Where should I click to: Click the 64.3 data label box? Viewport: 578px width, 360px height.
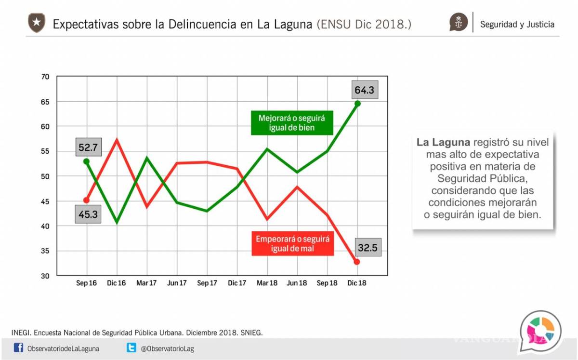(x=365, y=90)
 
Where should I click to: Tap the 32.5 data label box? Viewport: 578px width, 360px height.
(x=368, y=248)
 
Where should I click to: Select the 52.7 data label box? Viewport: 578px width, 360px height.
(x=88, y=147)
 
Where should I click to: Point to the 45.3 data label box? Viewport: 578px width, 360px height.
(x=88, y=214)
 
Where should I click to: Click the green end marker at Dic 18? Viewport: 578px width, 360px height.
(x=357, y=103)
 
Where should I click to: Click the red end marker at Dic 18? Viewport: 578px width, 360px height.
(x=357, y=262)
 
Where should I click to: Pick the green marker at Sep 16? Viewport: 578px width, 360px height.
(x=87, y=161)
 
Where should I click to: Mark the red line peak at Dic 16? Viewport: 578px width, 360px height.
(x=117, y=140)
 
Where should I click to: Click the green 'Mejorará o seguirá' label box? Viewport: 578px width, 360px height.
(x=292, y=123)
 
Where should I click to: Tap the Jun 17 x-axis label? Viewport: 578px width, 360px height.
(x=177, y=283)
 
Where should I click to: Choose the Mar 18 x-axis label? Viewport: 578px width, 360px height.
(x=266, y=283)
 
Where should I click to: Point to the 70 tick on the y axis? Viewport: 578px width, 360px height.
(x=45, y=77)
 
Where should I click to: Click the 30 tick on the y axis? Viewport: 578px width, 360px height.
(x=45, y=276)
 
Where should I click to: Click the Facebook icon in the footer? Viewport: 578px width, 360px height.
(x=18, y=347)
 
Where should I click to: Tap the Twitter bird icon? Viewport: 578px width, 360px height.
(x=131, y=347)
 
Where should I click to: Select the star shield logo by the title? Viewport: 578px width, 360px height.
(x=37, y=23)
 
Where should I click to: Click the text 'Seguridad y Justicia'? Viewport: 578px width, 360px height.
(x=517, y=25)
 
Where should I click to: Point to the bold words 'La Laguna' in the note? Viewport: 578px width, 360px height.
(x=443, y=143)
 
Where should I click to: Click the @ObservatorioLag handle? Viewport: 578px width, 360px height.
(x=167, y=348)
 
